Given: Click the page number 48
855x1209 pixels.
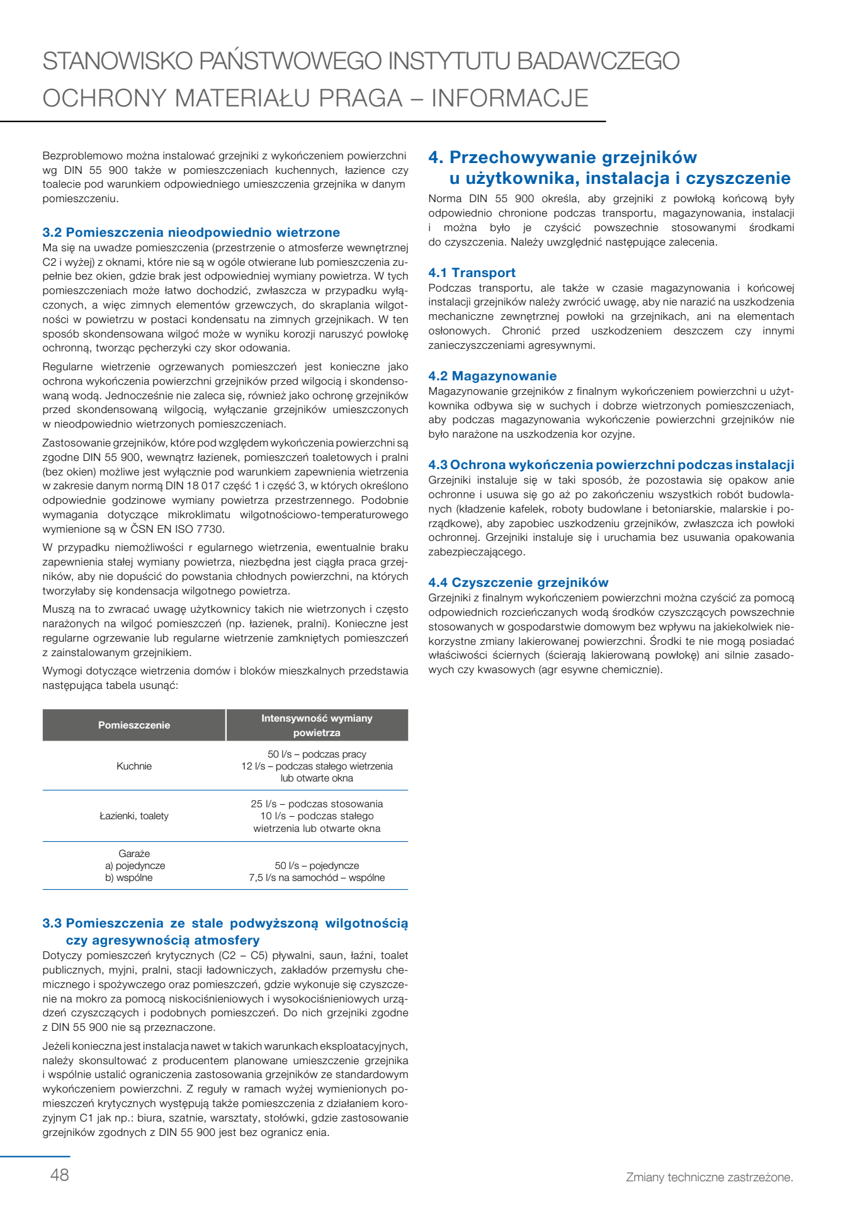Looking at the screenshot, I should point(60,1174).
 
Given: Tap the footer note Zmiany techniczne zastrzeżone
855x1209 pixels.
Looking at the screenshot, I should point(709,1177).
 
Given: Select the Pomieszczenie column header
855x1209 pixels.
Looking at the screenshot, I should point(134,725).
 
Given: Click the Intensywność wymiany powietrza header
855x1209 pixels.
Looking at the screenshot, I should point(317,725).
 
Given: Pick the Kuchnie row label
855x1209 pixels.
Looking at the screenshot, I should point(134,766).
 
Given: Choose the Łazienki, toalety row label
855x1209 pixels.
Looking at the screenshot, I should point(134,815).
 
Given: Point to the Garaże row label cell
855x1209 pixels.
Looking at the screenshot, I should point(134,865).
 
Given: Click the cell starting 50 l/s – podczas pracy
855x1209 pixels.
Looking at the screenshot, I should point(317,766).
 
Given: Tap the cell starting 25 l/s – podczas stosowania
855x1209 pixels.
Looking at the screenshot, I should point(317,815).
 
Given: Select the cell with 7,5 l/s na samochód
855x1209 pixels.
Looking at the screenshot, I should point(317,877).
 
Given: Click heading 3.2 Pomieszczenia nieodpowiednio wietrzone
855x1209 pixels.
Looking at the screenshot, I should point(191,232).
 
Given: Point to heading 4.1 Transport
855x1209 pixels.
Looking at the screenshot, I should point(472,273).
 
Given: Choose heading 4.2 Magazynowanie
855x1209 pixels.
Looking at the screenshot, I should point(492,376).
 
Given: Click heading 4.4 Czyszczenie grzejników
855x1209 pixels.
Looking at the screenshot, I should point(518,582).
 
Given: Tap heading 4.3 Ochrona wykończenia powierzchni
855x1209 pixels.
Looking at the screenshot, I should point(611,465).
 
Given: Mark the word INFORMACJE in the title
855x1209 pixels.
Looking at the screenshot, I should point(509,98).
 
